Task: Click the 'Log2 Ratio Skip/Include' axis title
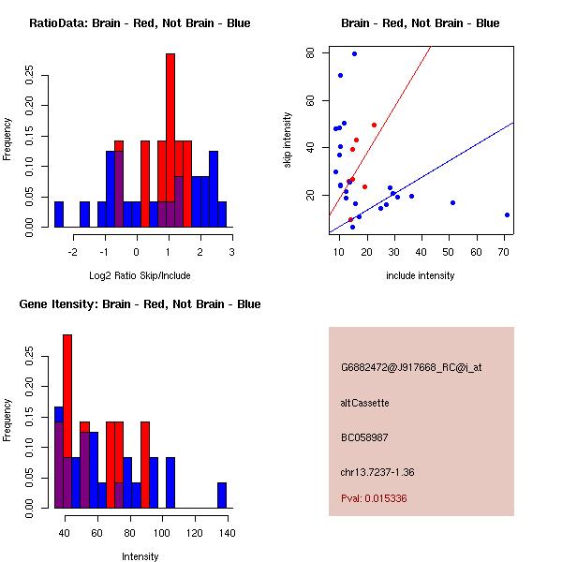[136, 276]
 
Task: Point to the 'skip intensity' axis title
[288, 140]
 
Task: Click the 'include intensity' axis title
[420, 276]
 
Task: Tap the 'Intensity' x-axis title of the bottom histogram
[140, 557]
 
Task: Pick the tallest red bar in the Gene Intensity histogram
[67, 421]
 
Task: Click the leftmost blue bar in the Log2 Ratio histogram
[59, 214]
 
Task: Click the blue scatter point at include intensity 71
[507, 214]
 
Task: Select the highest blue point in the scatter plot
[354, 53]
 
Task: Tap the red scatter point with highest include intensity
[374, 125]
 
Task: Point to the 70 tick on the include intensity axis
[504, 252]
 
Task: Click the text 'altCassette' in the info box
[364, 403]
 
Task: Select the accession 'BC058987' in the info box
[364, 437]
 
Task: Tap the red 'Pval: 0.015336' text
[374, 499]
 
